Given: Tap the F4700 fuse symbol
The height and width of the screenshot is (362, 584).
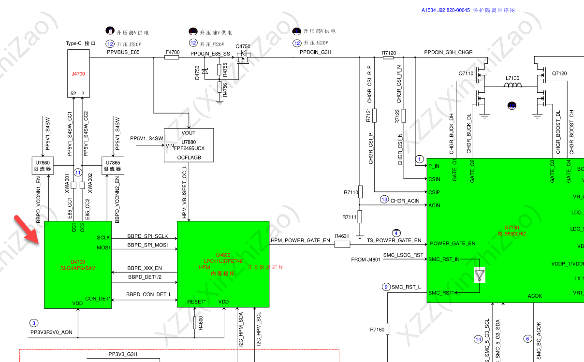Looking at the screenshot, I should (x=172, y=58).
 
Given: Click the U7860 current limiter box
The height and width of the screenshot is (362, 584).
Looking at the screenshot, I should (x=43, y=166).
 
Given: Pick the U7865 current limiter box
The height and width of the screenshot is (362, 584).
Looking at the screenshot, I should (x=113, y=166).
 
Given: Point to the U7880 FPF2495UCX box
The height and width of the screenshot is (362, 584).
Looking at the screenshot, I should (x=189, y=145).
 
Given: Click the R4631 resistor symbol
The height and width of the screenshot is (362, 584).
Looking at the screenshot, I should (x=342, y=244).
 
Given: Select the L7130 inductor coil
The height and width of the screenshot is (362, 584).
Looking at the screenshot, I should (x=512, y=86).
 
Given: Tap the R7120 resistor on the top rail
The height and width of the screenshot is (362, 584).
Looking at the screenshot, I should (x=388, y=58).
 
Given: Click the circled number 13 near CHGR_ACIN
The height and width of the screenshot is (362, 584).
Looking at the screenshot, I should (x=384, y=199).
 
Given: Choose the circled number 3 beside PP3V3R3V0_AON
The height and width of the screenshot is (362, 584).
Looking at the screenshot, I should (x=33, y=323).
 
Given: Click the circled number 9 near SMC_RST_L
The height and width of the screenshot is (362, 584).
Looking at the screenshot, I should (x=386, y=287).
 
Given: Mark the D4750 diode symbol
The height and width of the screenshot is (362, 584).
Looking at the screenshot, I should (x=205, y=71).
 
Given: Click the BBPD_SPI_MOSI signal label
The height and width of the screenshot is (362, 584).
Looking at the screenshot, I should (x=147, y=245).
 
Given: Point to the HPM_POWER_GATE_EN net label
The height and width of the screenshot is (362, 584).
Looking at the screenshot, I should (x=300, y=240).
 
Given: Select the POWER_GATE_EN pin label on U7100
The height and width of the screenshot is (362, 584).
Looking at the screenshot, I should (x=453, y=244).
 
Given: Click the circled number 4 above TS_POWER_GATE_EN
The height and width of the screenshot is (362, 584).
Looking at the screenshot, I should (x=396, y=233).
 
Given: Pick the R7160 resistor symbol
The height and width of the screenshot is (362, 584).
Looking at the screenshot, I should (x=387, y=329).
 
